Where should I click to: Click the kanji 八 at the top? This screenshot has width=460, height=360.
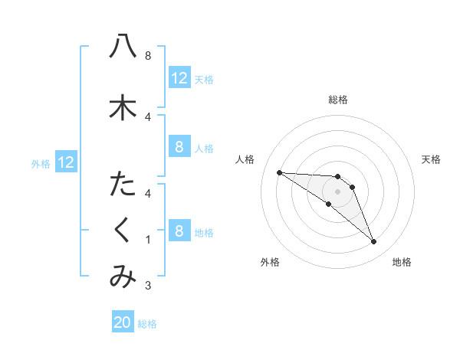click(x=123, y=47)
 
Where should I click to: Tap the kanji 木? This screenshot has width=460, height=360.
click(x=123, y=107)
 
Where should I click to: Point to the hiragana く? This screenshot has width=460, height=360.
click(x=123, y=231)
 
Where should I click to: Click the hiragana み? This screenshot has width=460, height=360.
click(x=123, y=277)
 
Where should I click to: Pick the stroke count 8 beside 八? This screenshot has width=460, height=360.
click(x=147, y=56)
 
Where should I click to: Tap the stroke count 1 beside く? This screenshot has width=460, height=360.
click(x=147, y=240)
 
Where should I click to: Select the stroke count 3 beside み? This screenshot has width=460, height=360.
click(x=147, y=286)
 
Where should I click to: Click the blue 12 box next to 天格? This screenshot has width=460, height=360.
click(x=179, y=78)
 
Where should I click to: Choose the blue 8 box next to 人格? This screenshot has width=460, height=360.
click(x=179, y=147)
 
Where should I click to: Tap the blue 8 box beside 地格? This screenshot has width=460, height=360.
click(x=179, y=231)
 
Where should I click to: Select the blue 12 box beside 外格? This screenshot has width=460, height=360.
click(x=65, y=162)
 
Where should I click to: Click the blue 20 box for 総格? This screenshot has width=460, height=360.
click(x=123, y=322)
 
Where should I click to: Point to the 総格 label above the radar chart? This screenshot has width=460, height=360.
click(x=338, y=100)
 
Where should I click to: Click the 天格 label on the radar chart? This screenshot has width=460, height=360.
click(x=432, y=159)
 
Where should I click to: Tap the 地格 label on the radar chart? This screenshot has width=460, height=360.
click(x=402, y=262)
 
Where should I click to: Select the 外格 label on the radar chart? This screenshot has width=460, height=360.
click(x=270, y=262)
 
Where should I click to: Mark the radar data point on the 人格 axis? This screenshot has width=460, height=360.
click(x=279, y=172)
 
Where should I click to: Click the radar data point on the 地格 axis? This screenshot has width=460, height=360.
click(x=374, y=242)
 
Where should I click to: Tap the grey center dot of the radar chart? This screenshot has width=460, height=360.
click(x=338, y=191)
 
